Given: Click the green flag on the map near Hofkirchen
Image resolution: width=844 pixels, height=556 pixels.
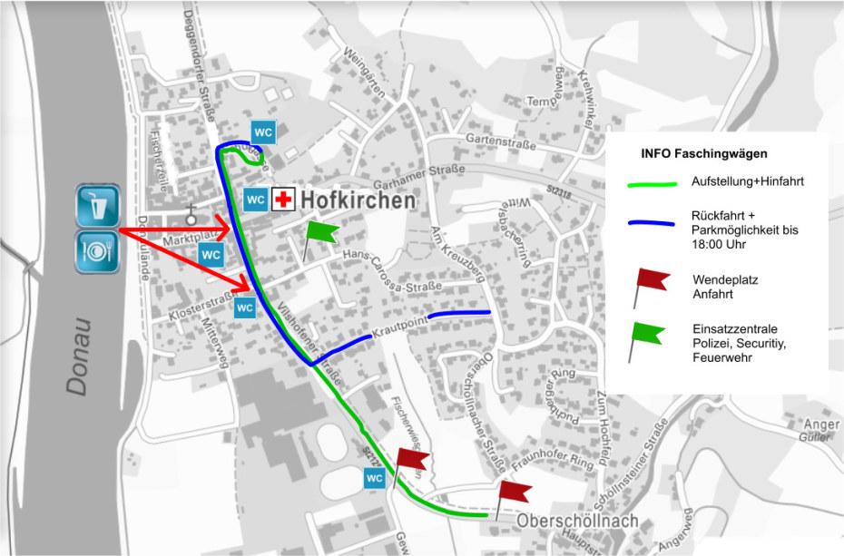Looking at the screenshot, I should tap(320, 233).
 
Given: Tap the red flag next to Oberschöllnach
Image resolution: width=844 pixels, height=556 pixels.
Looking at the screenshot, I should tap(514, 493).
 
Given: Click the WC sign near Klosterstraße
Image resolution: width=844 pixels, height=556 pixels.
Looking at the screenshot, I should tap(244, 307).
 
